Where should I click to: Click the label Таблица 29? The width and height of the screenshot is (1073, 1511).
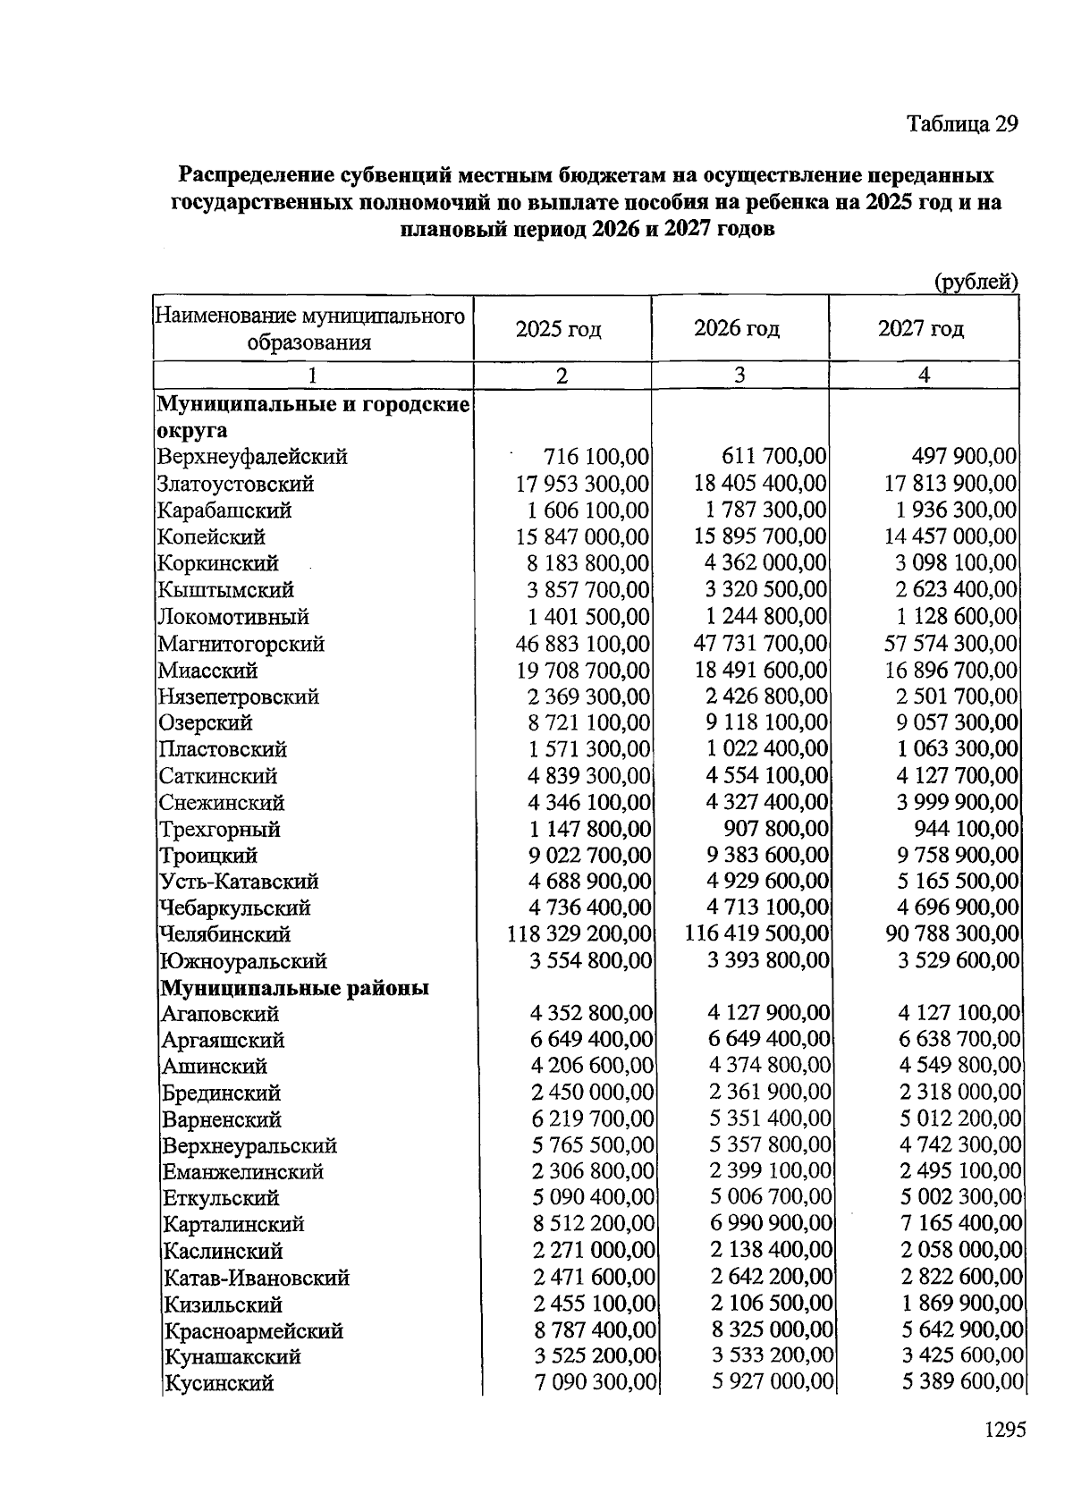pos(962,123)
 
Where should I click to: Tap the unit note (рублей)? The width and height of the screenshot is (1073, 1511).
pos(976,283)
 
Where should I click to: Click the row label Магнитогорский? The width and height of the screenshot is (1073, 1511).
pos(241,644)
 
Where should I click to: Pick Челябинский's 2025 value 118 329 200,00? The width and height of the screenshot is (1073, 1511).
pos(579,934)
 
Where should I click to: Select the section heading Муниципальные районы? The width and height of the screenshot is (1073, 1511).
pos(295,988)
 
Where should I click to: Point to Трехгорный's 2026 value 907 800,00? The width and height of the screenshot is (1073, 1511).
pos(775,829)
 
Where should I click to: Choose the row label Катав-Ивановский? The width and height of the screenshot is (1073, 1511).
pos(256,1278)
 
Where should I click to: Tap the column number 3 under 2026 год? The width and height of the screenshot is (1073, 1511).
pos(739,376)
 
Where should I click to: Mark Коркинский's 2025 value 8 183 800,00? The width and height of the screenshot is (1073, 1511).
pos(588,563)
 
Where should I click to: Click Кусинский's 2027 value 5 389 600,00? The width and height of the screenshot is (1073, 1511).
pos(962,1383)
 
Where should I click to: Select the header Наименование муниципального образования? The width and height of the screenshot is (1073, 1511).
pos(310,329)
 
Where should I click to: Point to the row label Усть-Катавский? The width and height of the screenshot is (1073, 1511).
pos(238,882)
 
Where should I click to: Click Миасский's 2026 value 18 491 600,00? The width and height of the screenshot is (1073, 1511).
pos(761,670)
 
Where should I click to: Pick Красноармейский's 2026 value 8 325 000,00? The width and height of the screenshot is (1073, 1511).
pos(773,1330)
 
